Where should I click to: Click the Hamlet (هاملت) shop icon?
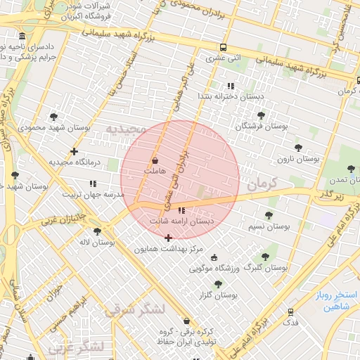point(155,161)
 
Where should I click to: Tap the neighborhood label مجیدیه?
point(124,129)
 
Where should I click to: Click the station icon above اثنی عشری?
point(223,48)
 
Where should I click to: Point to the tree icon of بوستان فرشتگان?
point(261,115)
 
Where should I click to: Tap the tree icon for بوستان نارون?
point(298,148)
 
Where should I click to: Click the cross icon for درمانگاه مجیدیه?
point(74,151)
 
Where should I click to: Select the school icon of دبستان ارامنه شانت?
point(182,210)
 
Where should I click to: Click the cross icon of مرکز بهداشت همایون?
point(168,238)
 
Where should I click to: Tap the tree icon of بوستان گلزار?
point(218,284)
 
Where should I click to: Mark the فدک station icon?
point(290,311)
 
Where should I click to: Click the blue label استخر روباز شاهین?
point(337,301)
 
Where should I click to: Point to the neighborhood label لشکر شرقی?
point(135,309)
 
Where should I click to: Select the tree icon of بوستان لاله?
point(97,231)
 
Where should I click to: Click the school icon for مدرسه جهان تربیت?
point(94,184)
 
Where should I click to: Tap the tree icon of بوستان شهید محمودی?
point(55,117)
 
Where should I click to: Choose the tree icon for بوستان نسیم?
point(269,216)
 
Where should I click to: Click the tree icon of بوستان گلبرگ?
point(264,257)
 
